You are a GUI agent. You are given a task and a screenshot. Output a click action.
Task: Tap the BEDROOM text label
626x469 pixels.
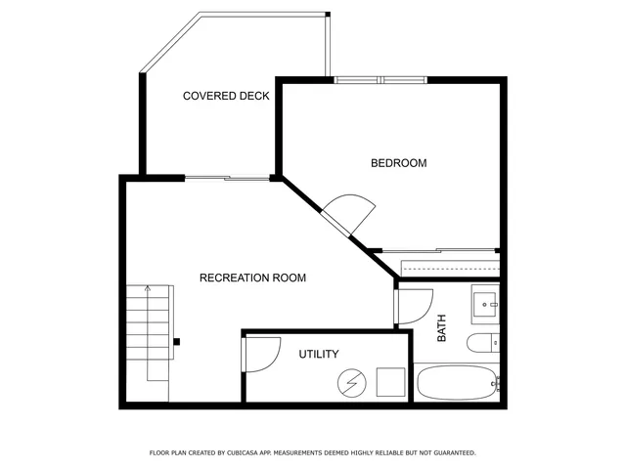(398, 163)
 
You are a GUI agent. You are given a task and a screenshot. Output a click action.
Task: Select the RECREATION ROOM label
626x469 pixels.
(252, 278)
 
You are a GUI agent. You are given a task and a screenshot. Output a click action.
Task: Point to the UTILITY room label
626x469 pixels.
(319, 354)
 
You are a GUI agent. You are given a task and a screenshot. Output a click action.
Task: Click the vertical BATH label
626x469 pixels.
(441, 327)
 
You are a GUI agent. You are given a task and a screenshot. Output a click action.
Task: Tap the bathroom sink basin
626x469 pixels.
(485, 305)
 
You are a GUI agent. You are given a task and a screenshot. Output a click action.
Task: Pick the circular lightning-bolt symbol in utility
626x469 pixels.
(349, 382)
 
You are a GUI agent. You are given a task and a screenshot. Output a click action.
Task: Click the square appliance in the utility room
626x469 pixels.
(391, 380)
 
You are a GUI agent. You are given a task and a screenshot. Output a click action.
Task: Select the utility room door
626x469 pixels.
(259, 354)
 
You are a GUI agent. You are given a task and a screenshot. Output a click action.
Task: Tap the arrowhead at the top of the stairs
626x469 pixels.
(147, 289)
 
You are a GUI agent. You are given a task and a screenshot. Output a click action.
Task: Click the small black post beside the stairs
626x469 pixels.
(177, 342)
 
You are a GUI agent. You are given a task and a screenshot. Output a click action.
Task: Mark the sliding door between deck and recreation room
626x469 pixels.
(227, 178)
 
